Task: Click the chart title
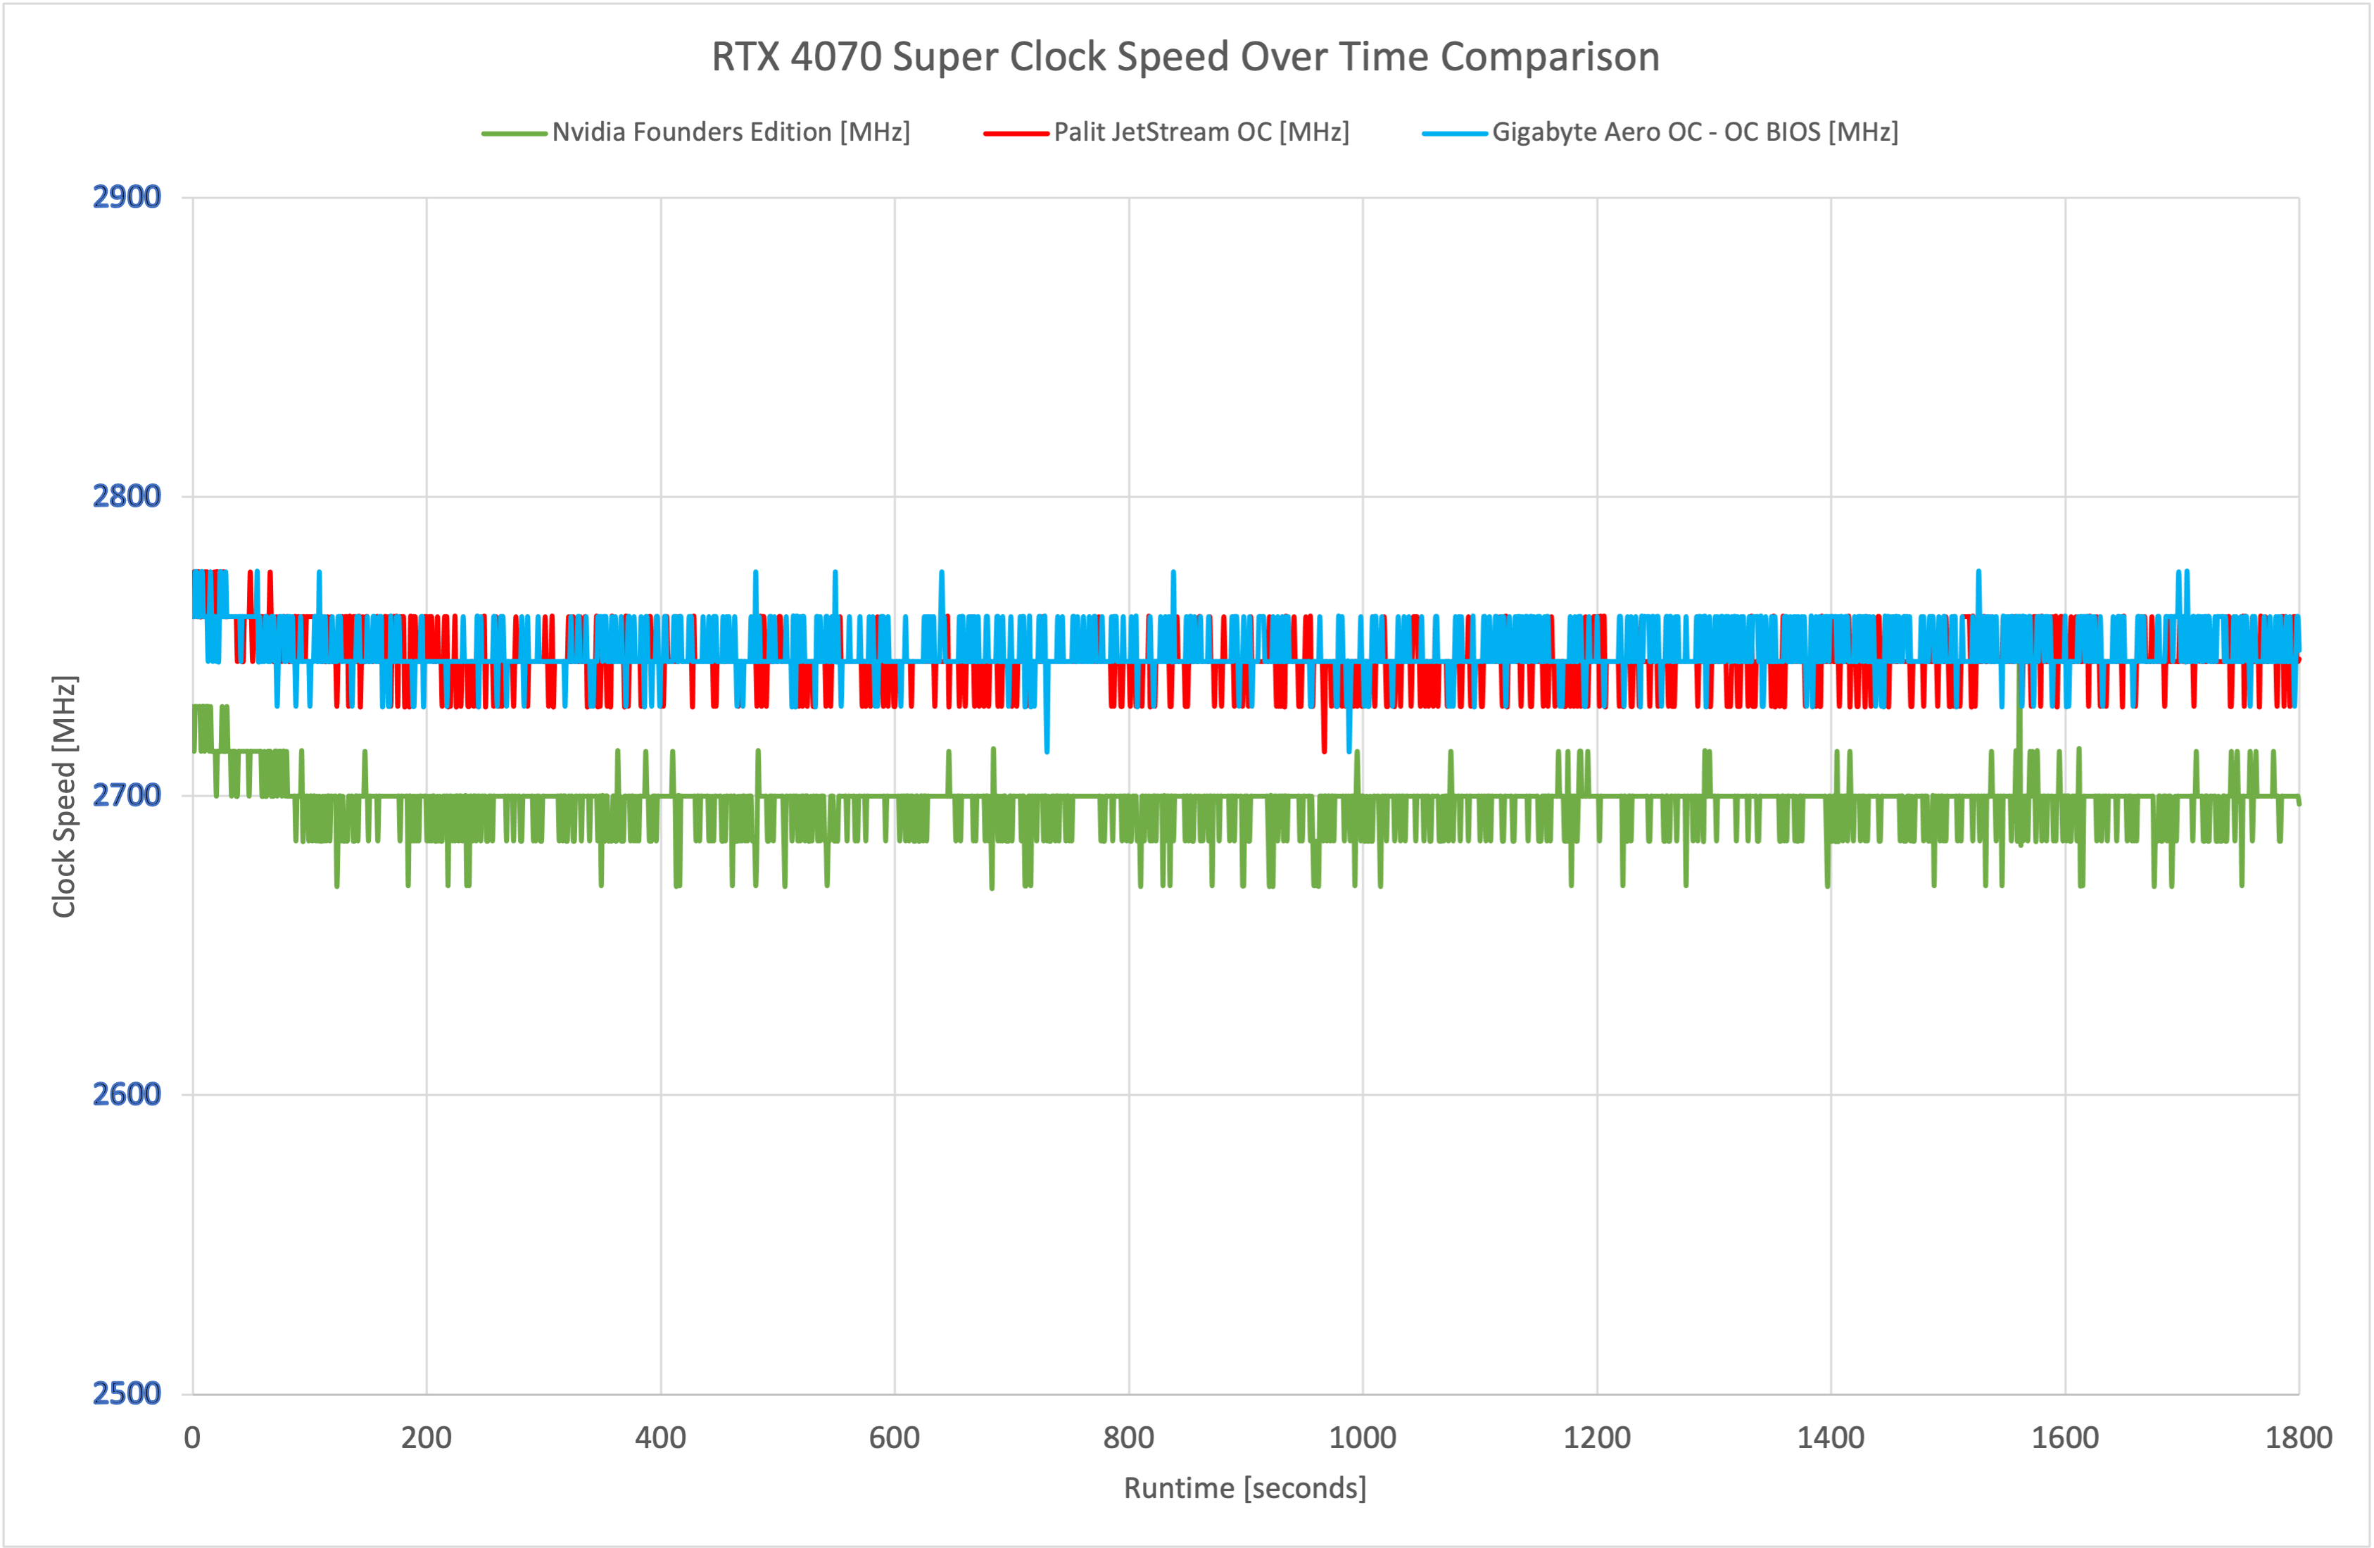pyautogui.click(x=1185, y=57)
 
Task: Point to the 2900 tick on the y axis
pyautogui.click(x=127, y=198)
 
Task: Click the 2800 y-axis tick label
pyautogui.click(x=127, y=496)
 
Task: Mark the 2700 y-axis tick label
pyautogui.click(x=127, y=795)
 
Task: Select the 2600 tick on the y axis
pyautogui.click(x=127, y=1094)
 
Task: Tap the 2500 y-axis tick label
pyautogui.click(x=127, y=1392)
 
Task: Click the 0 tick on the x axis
pyautogui.click(x=193, y=1438)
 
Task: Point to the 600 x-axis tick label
pyautogui.click(x=895, y=1438)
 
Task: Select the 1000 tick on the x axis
pyautogui.click(x=1363, y=1438)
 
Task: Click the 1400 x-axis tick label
pyautogui.click(x=1831, y=1438)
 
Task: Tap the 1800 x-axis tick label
pyautogui.click(x=2298, y=1438)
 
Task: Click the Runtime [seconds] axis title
pyautogui.click(x=1245, y=1488)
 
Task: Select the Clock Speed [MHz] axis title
pyautogui.click(x=65, y=796)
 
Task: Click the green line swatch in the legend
pyautogui.click(x=514, y=134)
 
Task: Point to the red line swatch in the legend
pyautogui.click(x=1016, y=134)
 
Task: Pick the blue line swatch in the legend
pyautogui.click(x=1454, y=134)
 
